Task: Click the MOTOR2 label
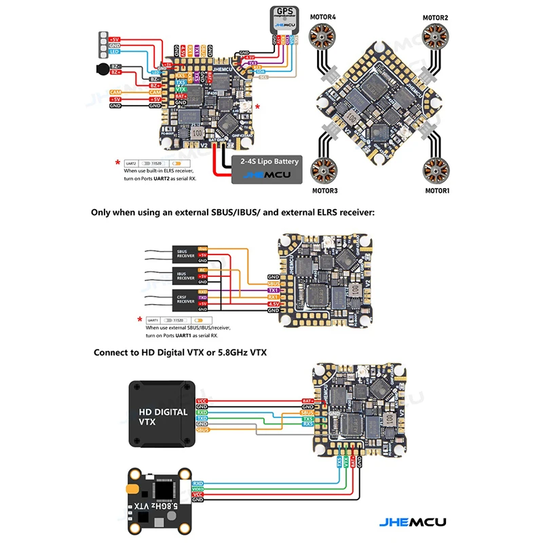[x=435, y=18]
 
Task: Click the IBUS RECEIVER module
[x=185, y=276]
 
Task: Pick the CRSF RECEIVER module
[x=185, y=299]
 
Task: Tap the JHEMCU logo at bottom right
[x=408, y=522]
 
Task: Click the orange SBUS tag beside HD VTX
[x=202, y=430]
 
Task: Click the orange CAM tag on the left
[x=115, y=92]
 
